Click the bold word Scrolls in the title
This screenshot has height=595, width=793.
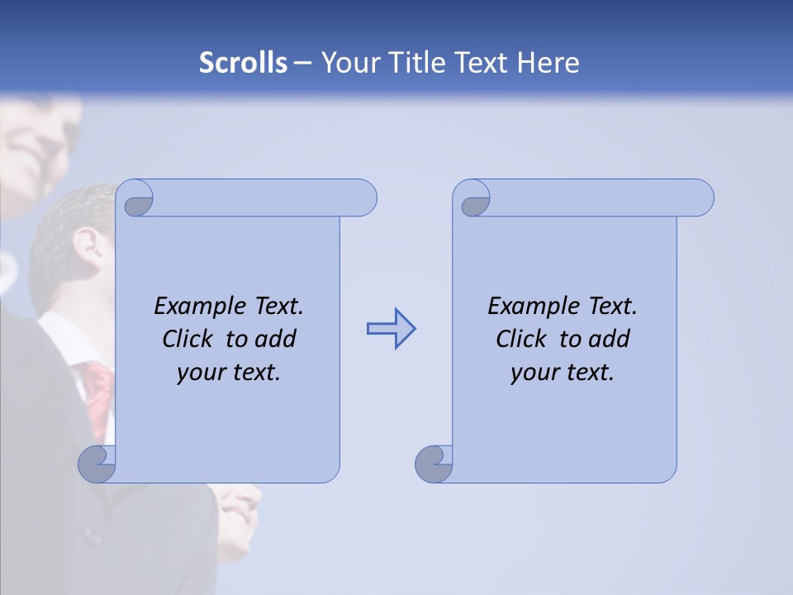(243, 63)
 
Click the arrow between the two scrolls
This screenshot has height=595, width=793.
(391, 329)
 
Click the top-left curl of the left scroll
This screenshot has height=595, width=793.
(138, 202)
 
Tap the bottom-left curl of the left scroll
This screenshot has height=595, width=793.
(96, 464)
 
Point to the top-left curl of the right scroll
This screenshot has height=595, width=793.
(475, 202)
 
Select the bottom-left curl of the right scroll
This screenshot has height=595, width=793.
(433, 464)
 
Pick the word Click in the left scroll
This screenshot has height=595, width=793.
(187, 339)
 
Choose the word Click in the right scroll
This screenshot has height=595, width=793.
(520, 339)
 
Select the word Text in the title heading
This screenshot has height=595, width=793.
(482, 63)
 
